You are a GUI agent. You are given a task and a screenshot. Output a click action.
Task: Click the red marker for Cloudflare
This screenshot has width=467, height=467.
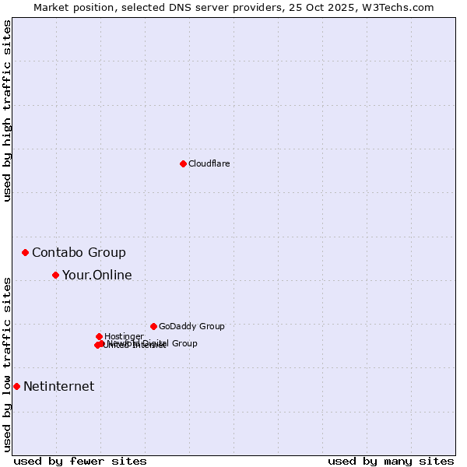[183, 163]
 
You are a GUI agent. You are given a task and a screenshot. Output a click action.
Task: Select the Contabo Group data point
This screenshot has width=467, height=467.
[26, 252]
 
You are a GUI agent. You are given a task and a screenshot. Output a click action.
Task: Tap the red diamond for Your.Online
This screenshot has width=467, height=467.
[55, 275]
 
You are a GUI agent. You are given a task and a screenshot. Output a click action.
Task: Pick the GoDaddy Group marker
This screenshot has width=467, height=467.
[153, 326]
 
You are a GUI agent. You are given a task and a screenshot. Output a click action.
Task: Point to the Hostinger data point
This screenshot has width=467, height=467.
[99, 336]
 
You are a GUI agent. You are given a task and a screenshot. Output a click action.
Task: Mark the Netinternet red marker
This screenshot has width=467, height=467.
[16, 386]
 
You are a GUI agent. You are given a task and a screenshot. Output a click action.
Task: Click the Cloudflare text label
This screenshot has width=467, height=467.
[209, 163]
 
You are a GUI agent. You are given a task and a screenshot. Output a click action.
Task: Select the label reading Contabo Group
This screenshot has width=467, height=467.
[79, 252]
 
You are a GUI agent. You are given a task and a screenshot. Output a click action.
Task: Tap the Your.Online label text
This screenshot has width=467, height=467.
[97, 275]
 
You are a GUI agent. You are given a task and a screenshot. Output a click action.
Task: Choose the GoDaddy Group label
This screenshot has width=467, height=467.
[191, 326]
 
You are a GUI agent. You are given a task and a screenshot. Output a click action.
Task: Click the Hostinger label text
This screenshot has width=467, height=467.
[124, 336]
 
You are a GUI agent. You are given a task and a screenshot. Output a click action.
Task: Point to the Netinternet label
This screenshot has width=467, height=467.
[58, 386]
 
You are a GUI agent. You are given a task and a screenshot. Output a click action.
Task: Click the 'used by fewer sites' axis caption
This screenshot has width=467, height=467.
[80, 461]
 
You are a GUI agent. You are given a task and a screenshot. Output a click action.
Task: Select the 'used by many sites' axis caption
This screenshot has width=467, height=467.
[391, 461]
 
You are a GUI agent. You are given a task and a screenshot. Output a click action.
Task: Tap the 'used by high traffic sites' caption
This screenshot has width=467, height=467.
[7, 111]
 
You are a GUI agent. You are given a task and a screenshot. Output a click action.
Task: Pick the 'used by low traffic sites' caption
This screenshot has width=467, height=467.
[7, 364]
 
